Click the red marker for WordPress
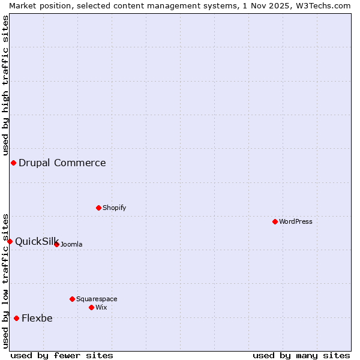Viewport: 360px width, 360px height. tap(275, 221)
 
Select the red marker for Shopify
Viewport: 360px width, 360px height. tap(98, 208)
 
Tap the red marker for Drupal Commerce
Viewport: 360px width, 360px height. tap(13, 163)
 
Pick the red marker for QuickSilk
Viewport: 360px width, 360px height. tap(10, 241)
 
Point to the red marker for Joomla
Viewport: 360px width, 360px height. tap(56, 244)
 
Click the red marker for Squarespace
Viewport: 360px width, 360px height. tap(72, 299)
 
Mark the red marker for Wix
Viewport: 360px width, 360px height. tap(91, 307)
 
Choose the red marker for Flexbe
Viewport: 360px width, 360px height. tap(16, 318)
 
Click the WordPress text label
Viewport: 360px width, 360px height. tap(296, 221)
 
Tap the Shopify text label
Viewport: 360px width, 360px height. tap(115, 208)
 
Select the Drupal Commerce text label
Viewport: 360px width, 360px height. tap(62, 163)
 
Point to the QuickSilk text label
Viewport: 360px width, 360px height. tap(36, 241)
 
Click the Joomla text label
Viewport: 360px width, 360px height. tap(71, 244)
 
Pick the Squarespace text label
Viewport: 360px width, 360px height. tap(97, 299)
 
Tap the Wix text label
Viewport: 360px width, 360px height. tap(101, 307)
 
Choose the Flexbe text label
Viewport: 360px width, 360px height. tap(37, 318)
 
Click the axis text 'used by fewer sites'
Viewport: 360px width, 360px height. tap(62, 355)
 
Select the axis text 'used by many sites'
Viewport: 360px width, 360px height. tap(301, 355)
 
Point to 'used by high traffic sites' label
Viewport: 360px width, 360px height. tap(5, 83)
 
